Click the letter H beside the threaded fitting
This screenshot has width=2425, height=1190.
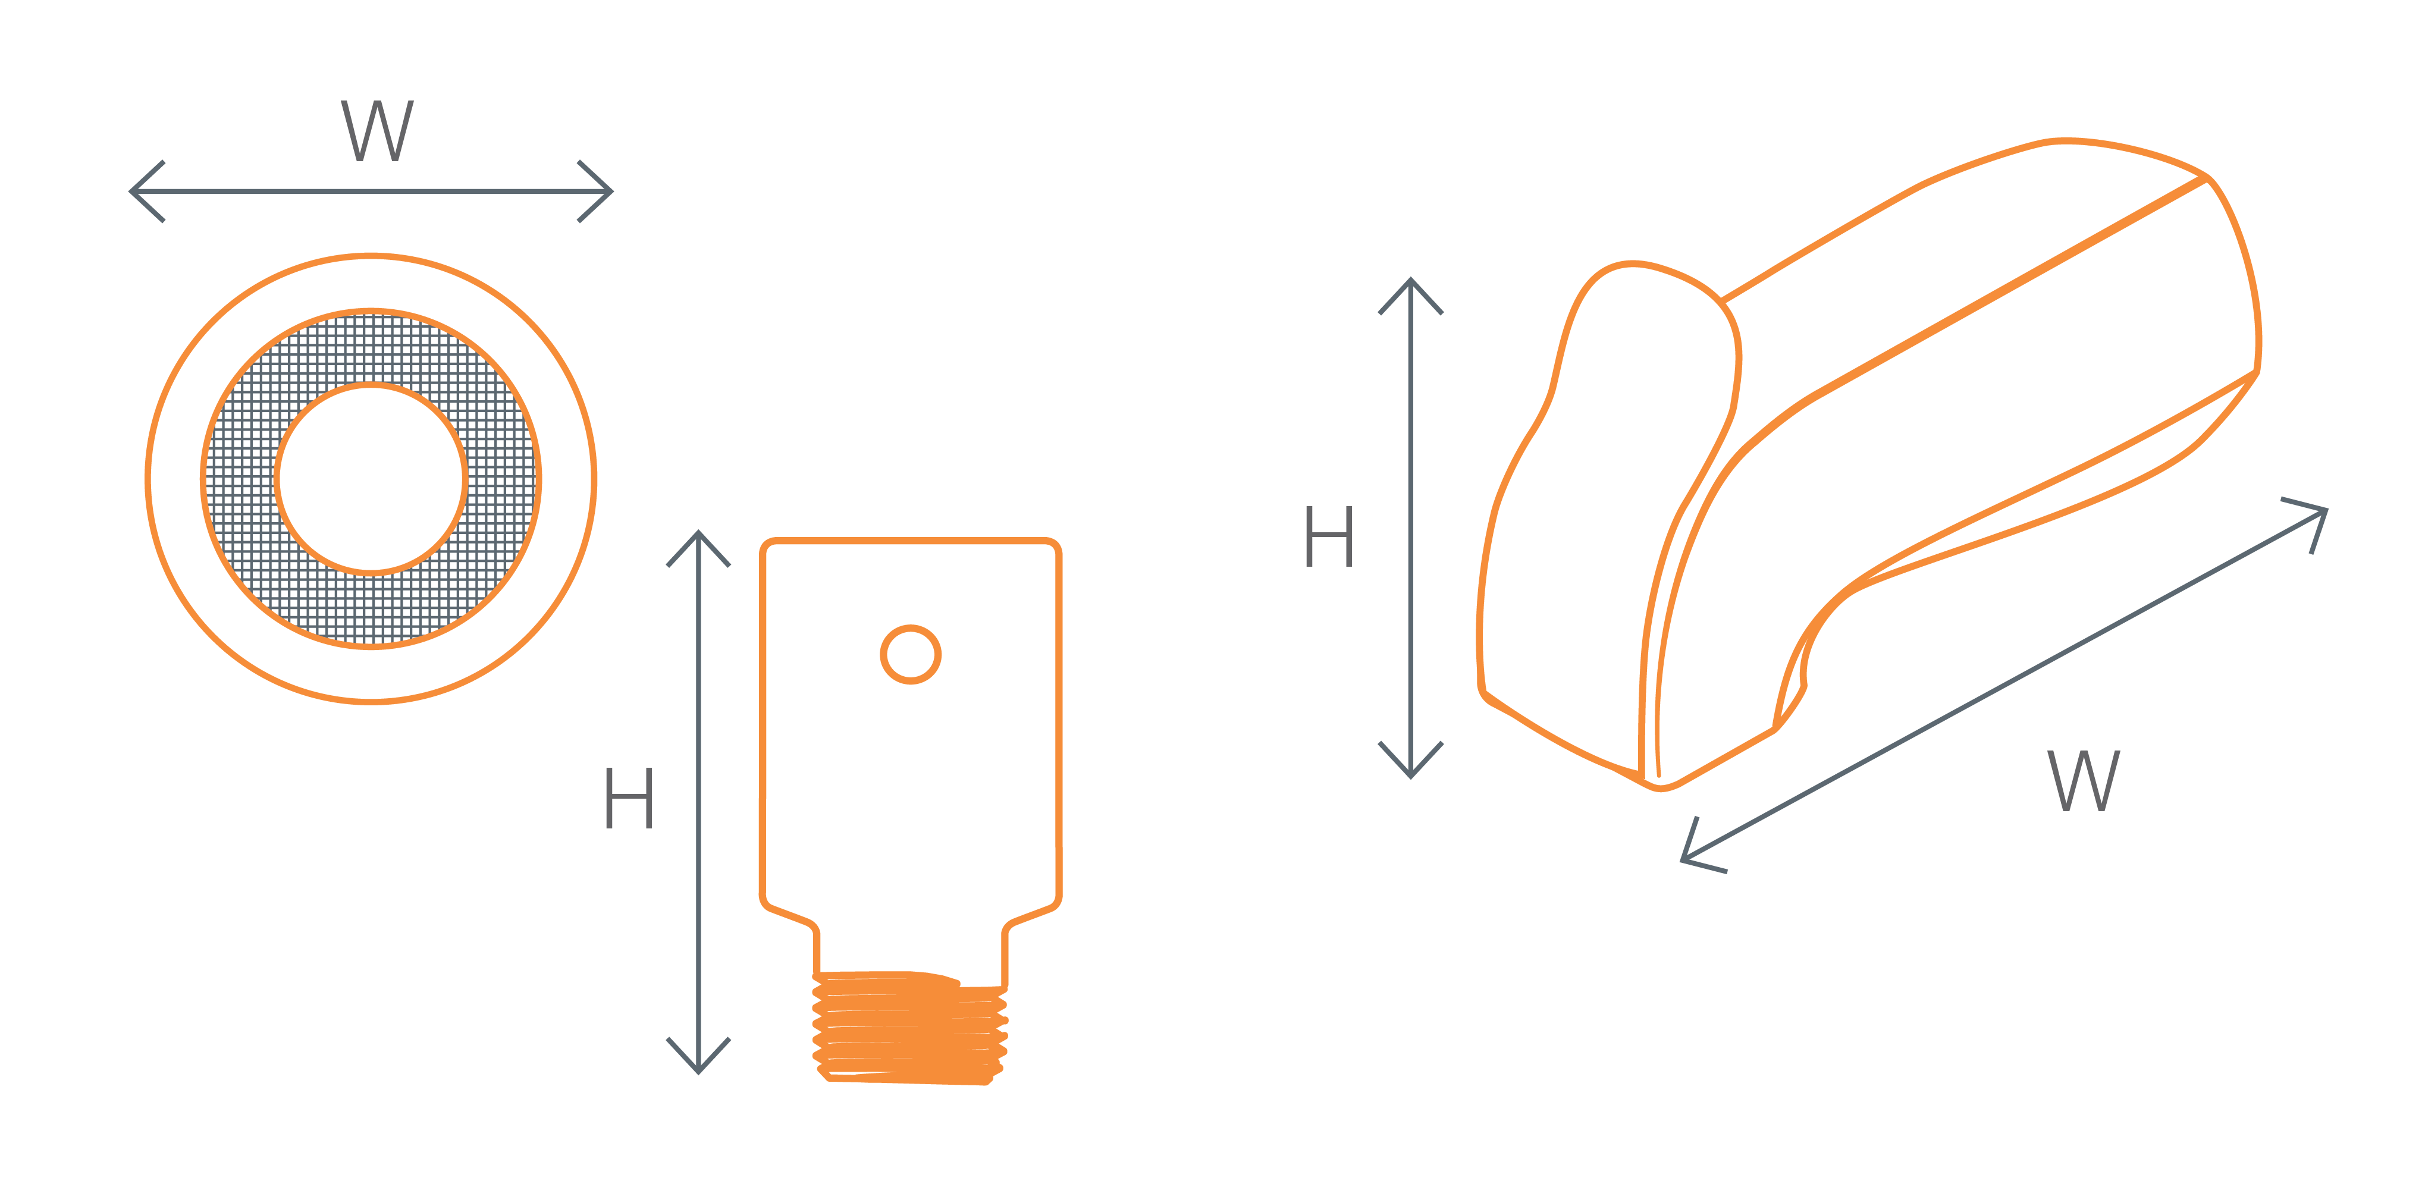(628, 797)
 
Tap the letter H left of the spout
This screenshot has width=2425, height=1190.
(1328, 536)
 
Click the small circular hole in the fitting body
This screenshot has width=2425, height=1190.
(910, 654)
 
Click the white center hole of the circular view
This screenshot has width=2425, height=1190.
(371, 478)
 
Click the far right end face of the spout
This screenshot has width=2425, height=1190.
(2231, 282)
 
